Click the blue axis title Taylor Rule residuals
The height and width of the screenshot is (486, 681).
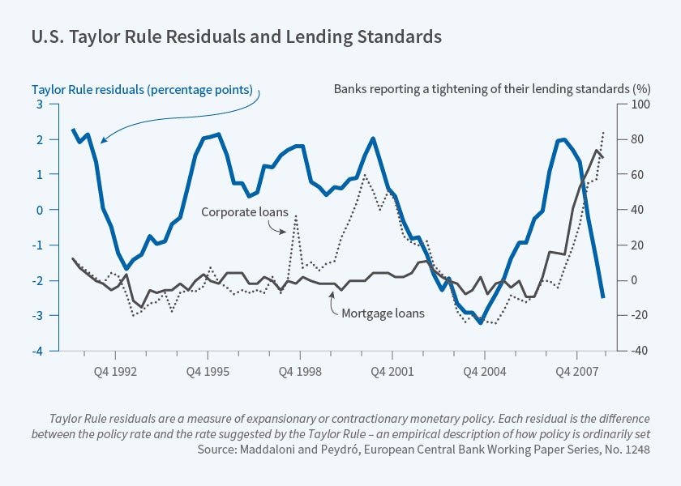click(143, 89)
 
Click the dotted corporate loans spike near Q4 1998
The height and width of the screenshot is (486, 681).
click(296, 217)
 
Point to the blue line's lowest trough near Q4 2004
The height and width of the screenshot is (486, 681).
click(481, 322)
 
